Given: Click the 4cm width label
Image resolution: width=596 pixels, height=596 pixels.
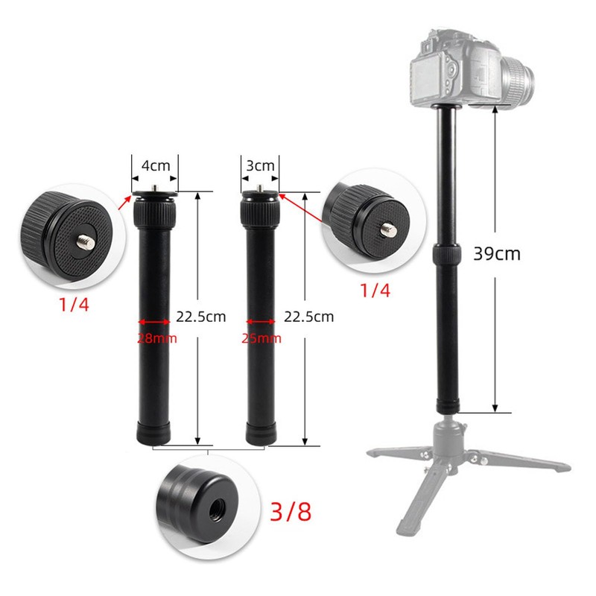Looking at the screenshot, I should [x=155, y=165].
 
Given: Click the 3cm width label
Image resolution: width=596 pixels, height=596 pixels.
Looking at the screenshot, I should [x=261, y=165].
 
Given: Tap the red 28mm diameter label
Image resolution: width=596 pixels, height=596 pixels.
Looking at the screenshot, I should [x=155, y=337].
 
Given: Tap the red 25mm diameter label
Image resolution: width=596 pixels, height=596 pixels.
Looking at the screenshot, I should [x=261, y=337].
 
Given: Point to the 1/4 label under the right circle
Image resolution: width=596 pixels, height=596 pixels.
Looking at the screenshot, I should [x=375, y=290].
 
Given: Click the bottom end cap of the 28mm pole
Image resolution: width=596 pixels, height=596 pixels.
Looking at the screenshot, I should [x=155, y=433].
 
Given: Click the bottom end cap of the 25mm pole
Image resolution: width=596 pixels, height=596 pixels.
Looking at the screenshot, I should [x=261, y=433].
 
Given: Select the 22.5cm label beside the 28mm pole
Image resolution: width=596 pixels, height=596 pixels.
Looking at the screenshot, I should [x=200, y=317].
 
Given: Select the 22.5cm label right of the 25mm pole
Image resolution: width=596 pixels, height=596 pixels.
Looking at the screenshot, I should [x=308, y=317].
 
